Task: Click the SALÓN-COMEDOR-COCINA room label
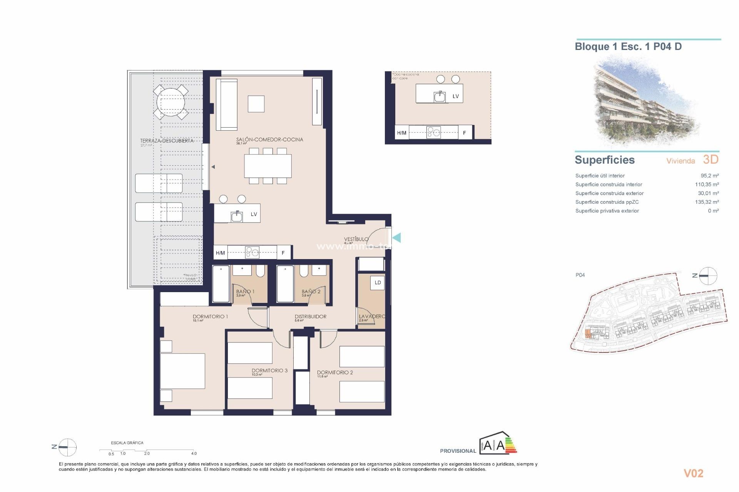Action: pos(269,140)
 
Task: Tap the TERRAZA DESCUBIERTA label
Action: pos(167,141)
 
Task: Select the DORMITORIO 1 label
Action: pos(210,316)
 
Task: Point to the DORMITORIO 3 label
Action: pos(269,371)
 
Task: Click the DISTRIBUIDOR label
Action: pos(310,316)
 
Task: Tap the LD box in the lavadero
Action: pos(378,283)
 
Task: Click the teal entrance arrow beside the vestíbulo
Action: pos(396,238)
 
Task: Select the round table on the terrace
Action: pos(171,102)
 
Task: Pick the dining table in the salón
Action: pos(268,166)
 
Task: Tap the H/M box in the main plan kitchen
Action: pos(220,253)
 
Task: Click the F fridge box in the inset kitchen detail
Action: pos(465,133)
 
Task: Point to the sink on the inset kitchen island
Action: pos(440,96)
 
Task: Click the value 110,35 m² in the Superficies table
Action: pos(707,184)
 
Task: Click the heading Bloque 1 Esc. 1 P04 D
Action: pos(628,47)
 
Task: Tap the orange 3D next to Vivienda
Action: pos(711,160)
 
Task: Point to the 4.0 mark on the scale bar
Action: pos(194,453)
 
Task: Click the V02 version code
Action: pos(693,473)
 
